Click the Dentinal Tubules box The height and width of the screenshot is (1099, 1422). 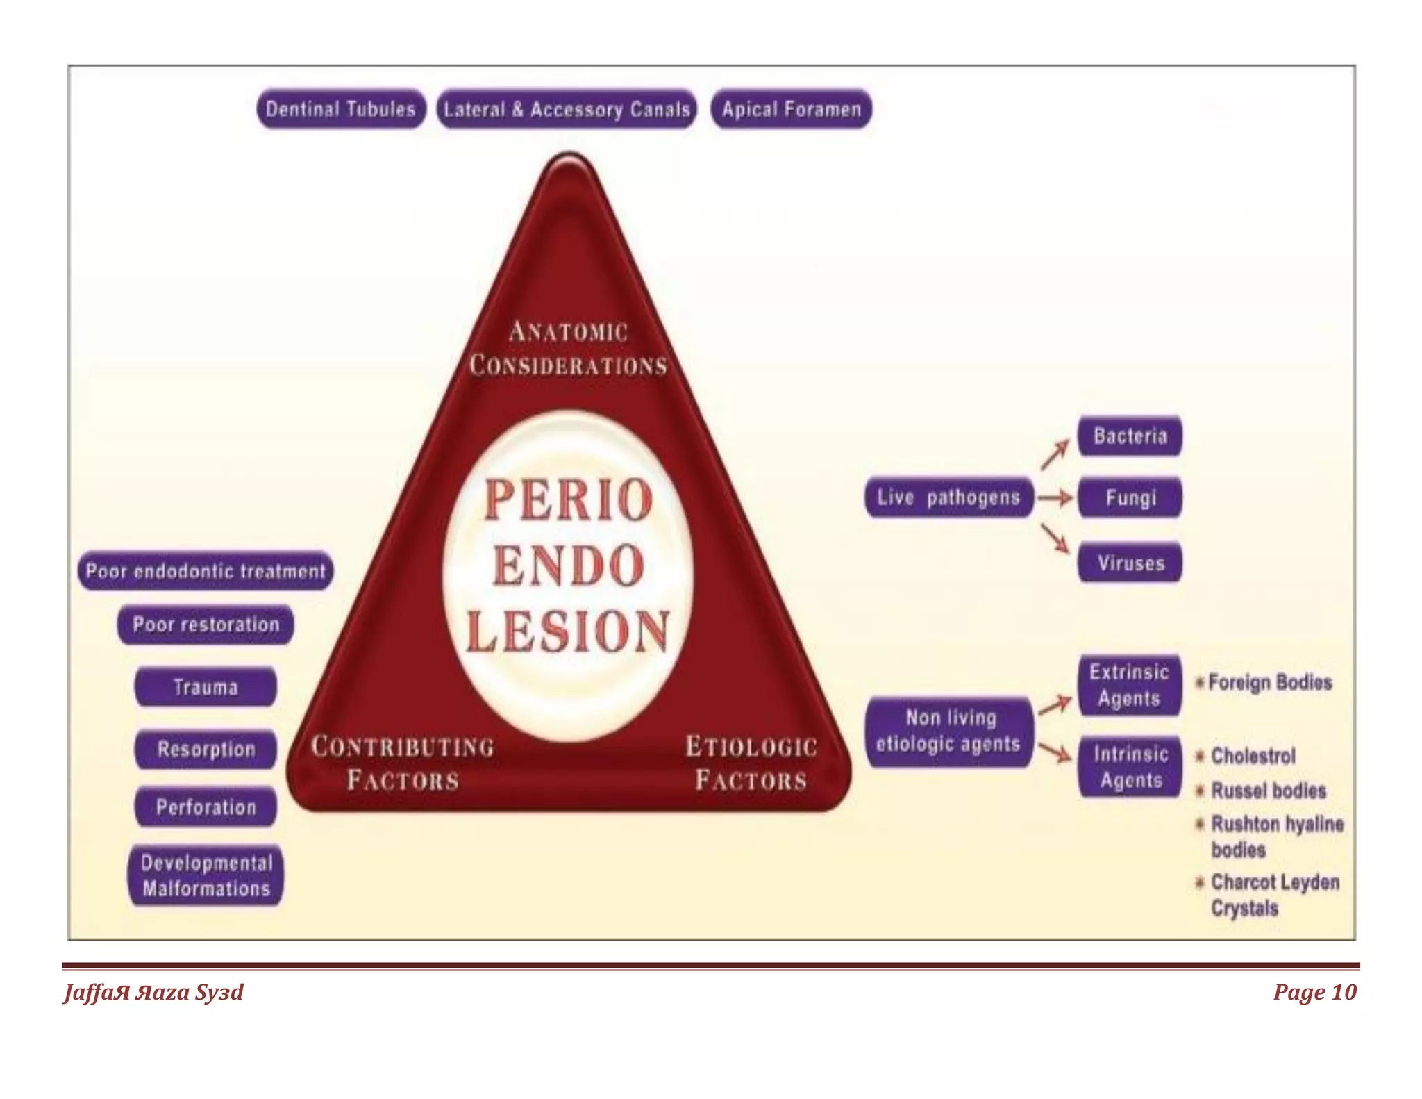pyautogui.click(x=340, y=109)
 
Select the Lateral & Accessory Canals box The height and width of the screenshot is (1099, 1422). pyautogui.click(x=567, y=109)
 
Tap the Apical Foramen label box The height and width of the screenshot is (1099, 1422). pyautogui.click(x=791, y=109)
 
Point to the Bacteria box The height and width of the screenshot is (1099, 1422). pyautogui.click(x=1130, y=436)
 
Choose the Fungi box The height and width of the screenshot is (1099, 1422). pyautogui.click(x=1130, y=497)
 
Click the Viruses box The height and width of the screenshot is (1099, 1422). pyautogui.click(x=1130, y=563)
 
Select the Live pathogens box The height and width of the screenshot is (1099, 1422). pyautogui.click(x=948, y=497)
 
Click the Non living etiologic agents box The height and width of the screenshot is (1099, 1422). pyautogui.click(x=948, y=732)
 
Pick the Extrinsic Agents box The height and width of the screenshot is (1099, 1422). pyautogui.click(x=1130, y=685)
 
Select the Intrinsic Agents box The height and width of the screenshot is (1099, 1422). pyautogui.click(x=1130, y=767)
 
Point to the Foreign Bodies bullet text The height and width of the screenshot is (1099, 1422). pyautogui.click(x=1269, y=682)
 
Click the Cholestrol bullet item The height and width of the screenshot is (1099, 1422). pyautogui.click(x=1252, y=756)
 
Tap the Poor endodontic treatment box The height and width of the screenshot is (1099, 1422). pyautogui.click(x=206, y=571)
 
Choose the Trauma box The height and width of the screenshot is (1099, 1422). pyautogui.click(x=206, y=687)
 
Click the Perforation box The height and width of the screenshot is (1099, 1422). pyautogui.click(x=206, y=807)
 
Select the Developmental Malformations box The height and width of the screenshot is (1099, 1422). pyautogui.click(x=206, y=875)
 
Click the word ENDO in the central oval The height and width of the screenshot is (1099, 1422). pyautogui.click(x=569, y=565)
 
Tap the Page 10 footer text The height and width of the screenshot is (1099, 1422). pyautogui.click(x=1314, y=992)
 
